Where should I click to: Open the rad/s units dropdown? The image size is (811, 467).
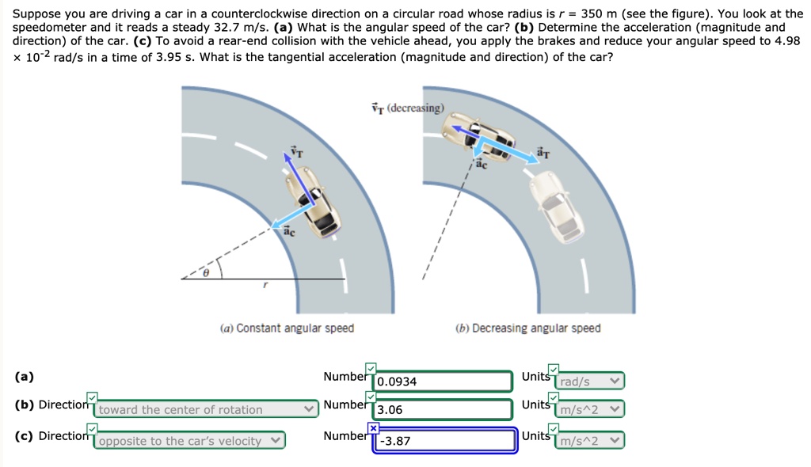[x=589, y=382]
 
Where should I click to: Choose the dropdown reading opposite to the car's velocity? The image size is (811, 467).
[x=188, y=441]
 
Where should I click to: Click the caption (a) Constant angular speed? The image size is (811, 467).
[x=287, y=328]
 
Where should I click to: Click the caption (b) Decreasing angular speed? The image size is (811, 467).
[x=528, y=328]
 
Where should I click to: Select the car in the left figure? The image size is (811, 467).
[x=313, y=202]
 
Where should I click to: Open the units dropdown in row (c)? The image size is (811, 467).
[x=589, y=441]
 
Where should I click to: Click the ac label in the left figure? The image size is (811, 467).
[x=289, y=232]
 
